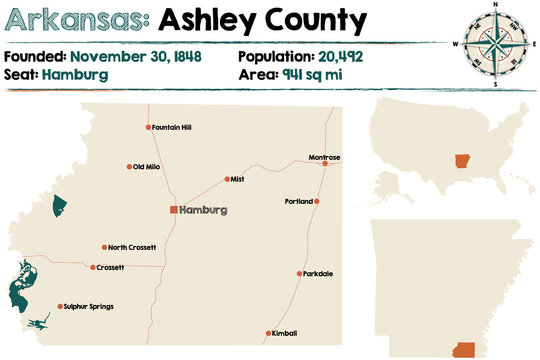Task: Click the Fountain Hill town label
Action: click(x=172, y=127)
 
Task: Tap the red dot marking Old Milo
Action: click(x=129, y=167)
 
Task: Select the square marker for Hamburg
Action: click(x=173, y=210)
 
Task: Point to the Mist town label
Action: click(x=237, y=179)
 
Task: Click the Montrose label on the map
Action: click(x=324, y=157)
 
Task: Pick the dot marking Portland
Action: click(x=317, y=201)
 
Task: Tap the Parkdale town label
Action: click(x=319, y=273)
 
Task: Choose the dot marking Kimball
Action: click(x=268, y=333)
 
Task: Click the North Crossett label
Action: click(x=132, y=247)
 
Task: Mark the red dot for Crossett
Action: click(x=92, y=268)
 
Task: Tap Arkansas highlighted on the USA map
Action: click(x=461, y=162)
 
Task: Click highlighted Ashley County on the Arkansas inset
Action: click(x=464, y=349)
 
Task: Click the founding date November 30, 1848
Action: click(x=136, y=56)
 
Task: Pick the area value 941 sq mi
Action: click(x=317, y=75)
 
